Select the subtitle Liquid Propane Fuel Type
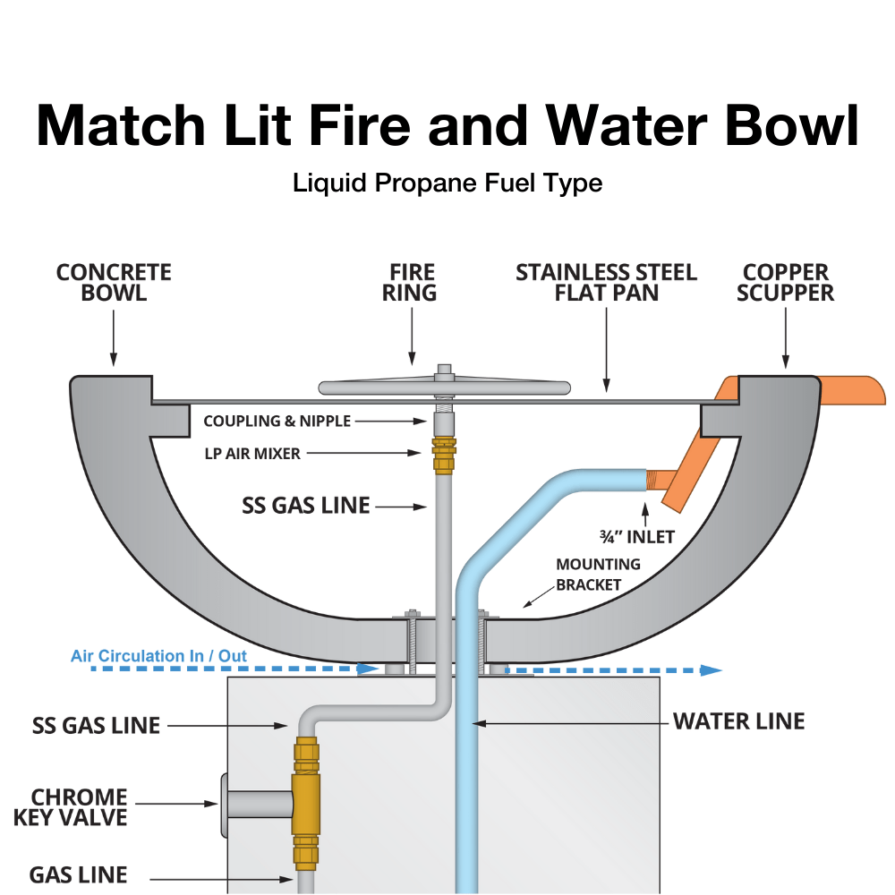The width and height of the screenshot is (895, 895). click(447, 183)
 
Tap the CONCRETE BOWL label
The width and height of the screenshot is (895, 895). click(114, 282)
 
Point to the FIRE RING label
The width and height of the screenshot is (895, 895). click(412, 282)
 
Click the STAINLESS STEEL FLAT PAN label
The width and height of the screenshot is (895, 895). click(606, 282)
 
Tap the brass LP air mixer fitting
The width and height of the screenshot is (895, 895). click(443, 455)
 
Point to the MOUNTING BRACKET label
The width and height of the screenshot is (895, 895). click(598, 575)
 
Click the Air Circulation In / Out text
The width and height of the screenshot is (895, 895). click(158, 656)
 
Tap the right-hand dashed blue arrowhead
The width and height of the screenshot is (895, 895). click(711, 669)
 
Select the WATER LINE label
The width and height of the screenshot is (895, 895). click(738, 721)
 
